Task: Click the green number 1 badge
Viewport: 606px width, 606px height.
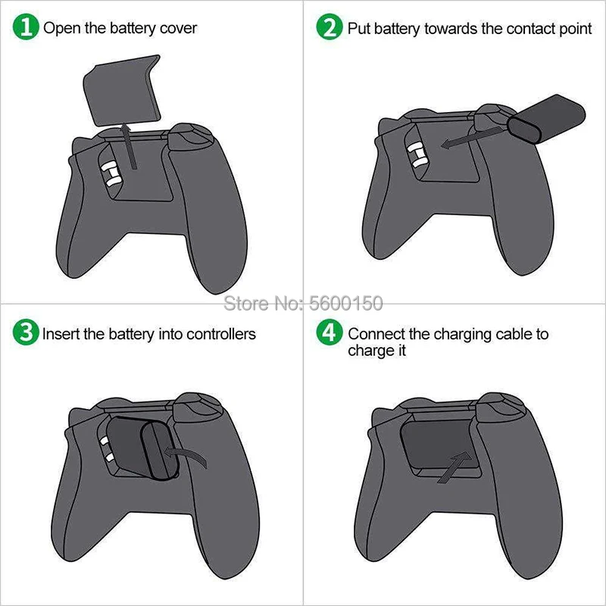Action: [26, 27]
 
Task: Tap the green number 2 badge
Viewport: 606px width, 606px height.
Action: [330, 27]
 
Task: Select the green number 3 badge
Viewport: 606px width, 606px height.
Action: [26, 332]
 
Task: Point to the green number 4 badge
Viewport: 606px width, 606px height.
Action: [330, 332]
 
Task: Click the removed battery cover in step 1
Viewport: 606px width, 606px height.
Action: [122, 90]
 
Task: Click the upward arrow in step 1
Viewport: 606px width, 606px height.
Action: [129, 146]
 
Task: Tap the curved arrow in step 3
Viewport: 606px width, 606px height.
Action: [186, 455]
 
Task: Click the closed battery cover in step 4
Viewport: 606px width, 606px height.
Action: [440, 445]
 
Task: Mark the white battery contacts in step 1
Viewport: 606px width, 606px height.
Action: [111, 174]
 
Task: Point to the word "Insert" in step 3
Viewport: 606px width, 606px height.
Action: [60, 334]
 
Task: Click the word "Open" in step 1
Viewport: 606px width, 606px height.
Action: [62, 29]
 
